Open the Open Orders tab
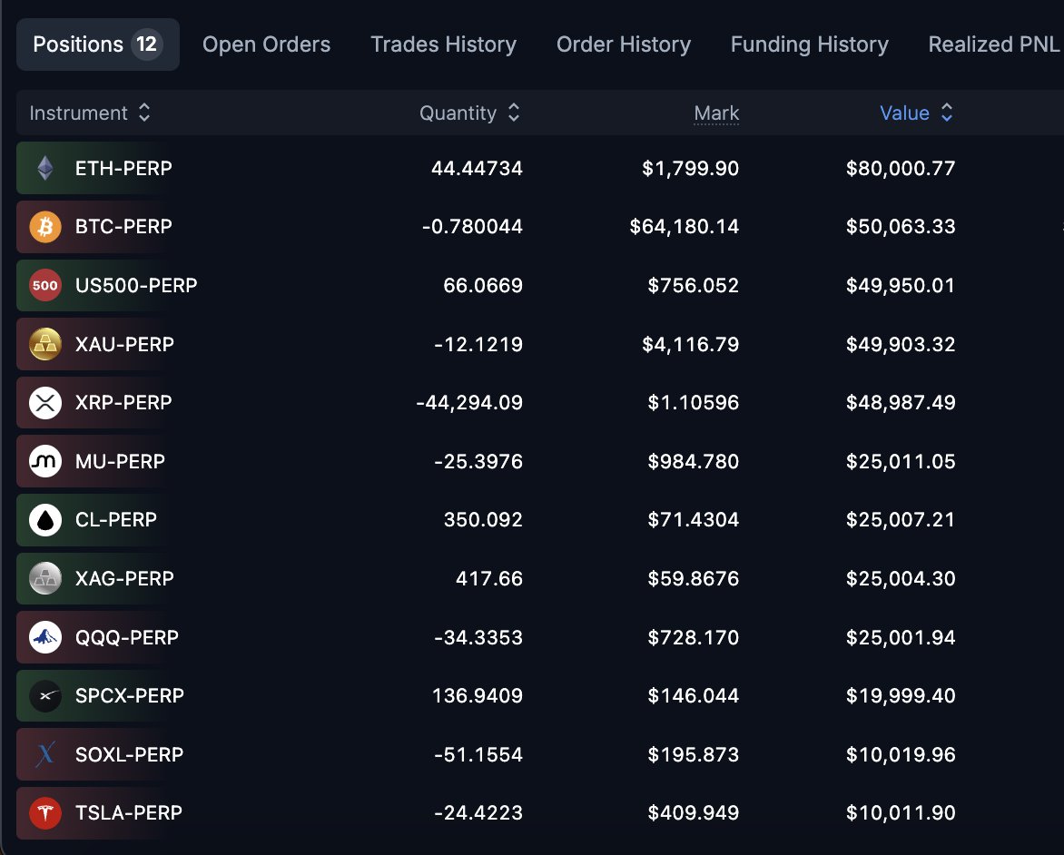pyautogui.click(x=266, y=44)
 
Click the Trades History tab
pyautogui.click(x=443, y=44)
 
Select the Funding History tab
pyautogui.click(x=809, y=44)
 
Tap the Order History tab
pyautogui.click(x=623, y=44)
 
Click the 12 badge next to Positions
pyautogui.click(x=146, y=44)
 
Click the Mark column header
pyautogui.click(x=716, y=113)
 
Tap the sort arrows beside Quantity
pyautogui.click(x=514, y=113)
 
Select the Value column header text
pyautogui.click(x=904, y=113)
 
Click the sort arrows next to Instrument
pyautogui.click(x=143, y=113)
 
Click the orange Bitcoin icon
pyautogui.click(x=45, y=227)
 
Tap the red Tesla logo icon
pyautogui.click(x=45, y=813)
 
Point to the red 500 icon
pyautogui.click(x=45, y=286)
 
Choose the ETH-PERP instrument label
pyautogui.click(x=123, y=168)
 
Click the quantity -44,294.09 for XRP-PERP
pyautogui.click(x=468, y=403)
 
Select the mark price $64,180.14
pyautogui.click(x=684, y=227)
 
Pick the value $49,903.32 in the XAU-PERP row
pyautogui.click(x=901, y=345)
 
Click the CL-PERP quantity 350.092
pyautogui.click(x=483, y=520)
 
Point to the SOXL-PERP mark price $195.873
pyautogui.click(x=693, y=754)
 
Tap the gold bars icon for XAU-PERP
pyautogui.click(x=45, y=344)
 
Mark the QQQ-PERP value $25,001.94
pyautogui.click(x=901, y=638)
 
